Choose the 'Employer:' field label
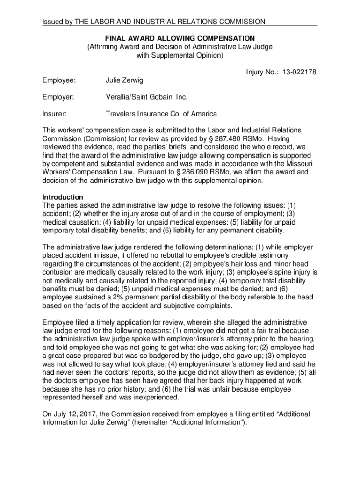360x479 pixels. point(58,97)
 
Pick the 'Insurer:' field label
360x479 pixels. point(54,114)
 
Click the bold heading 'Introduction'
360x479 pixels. point(63,197)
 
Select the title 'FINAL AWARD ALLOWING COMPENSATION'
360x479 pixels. point(180,38)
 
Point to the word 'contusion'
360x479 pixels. point(57,272)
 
